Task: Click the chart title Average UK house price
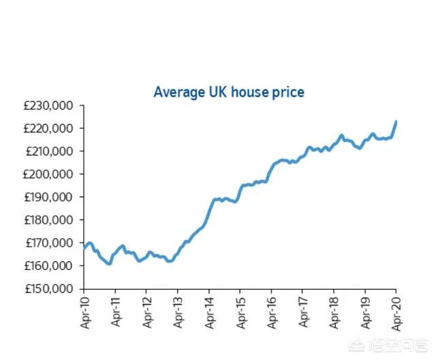(229, 91)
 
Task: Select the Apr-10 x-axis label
(84, 314)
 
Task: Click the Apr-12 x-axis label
(146, 314)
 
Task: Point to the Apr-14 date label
(209, 314)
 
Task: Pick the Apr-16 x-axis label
(272, 314)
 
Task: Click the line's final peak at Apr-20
(396, 121)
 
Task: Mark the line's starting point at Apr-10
(84, 247)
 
